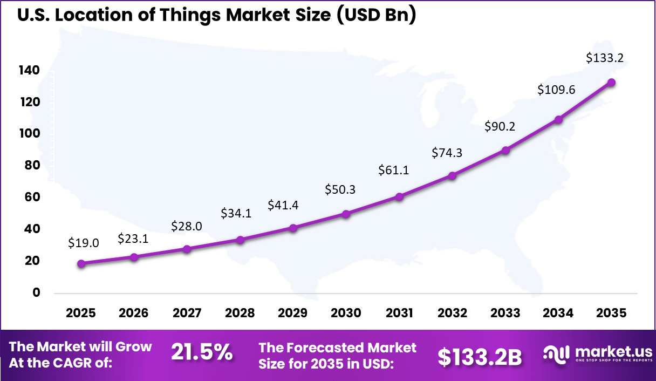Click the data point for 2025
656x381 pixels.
tap(81, 264)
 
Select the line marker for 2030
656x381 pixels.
tap(346, 214)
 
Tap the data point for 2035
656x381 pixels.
tap(611, 83)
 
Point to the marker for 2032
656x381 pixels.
tap(452, 176)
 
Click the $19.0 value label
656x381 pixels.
tap(84, 243)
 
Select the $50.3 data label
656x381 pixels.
tap(340, 189)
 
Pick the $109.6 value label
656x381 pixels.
tap(556, 90)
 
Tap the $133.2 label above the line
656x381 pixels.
tap(605, 58)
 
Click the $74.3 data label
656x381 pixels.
tap(447, 153)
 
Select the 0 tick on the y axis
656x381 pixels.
tap(36, 292)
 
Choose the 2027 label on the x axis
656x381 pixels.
tap(187, 314)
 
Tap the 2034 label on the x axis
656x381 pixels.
tap(558, 314)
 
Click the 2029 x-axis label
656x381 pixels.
tap(293, 314)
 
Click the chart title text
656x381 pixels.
tap(216, 15)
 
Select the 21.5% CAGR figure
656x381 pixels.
tap(202, 353)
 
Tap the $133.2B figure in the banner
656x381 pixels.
tap(479, 356)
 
